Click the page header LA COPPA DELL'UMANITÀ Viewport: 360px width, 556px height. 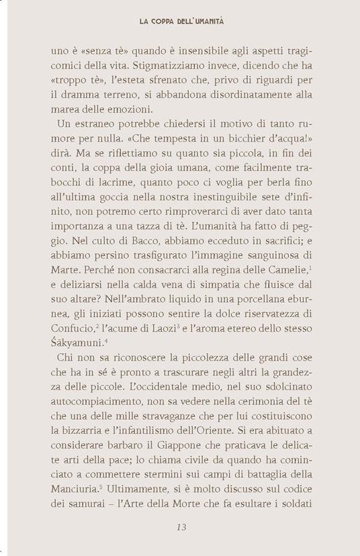pyautogui.click(x=181, y=21)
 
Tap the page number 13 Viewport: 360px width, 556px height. pyautogui.click(x=180, y=527)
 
